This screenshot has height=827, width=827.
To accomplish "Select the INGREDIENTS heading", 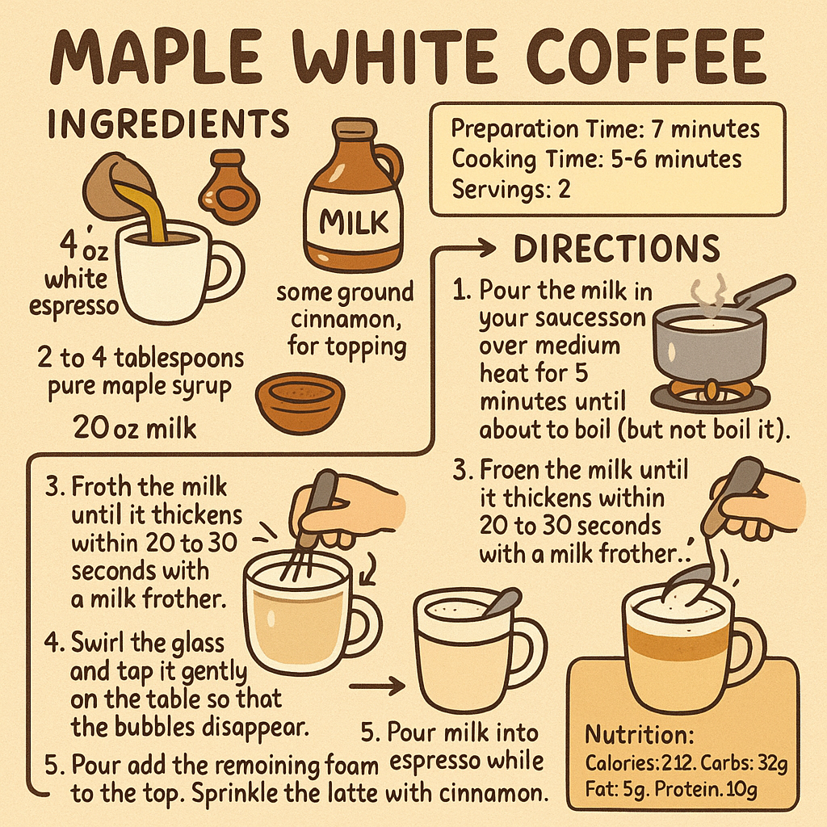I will tap(168, 124).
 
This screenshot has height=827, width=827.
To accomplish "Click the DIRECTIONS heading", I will tap(616, 249).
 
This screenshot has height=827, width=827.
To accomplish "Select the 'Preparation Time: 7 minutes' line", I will tap(605, 129).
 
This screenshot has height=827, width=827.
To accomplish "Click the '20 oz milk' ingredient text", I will tap(135, 427).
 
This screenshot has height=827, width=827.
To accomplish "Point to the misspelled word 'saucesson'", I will tap(562, 318).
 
